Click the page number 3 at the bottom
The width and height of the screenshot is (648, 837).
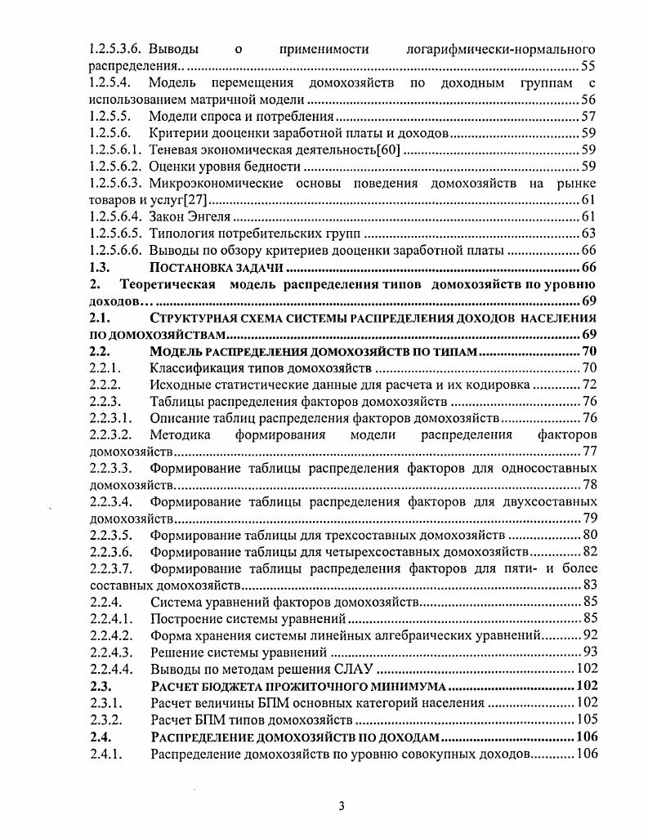pos(342,807)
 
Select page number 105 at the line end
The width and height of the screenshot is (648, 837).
pos(586,720)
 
